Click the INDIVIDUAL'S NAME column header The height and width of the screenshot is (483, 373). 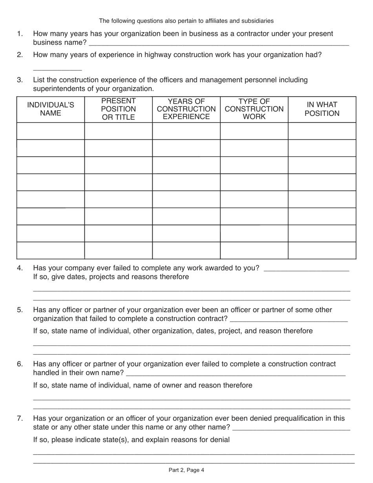tap(50, 109)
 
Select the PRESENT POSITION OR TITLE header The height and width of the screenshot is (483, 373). tap(118, 109)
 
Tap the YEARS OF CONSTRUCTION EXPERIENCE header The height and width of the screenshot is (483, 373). tap(186, 109)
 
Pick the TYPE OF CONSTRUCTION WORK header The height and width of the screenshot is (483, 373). tap(254, 109)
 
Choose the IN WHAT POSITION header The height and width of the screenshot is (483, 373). tap(322, 109)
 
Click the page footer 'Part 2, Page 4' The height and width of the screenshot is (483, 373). tap(186, 470)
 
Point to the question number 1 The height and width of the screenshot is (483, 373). tap(20, 34)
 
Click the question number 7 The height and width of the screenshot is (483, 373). tap(20, 419)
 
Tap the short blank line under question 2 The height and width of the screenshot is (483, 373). tap(57, 70)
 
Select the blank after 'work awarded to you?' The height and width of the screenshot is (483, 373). tap(307, 270)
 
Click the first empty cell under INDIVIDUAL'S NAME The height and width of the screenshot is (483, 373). tap(50, 131)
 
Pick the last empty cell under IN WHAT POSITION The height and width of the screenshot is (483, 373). tap(322, 251)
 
